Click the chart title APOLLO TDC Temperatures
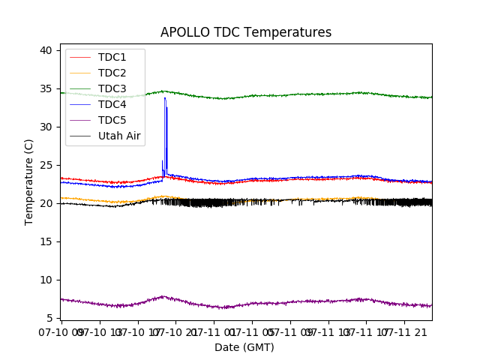(x=246, y=32)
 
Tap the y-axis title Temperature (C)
(x=29, y=181)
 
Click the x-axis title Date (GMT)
(x=244, y=347)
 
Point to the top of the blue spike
(x=165, y=97)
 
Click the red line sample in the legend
(x=80, y=57)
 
